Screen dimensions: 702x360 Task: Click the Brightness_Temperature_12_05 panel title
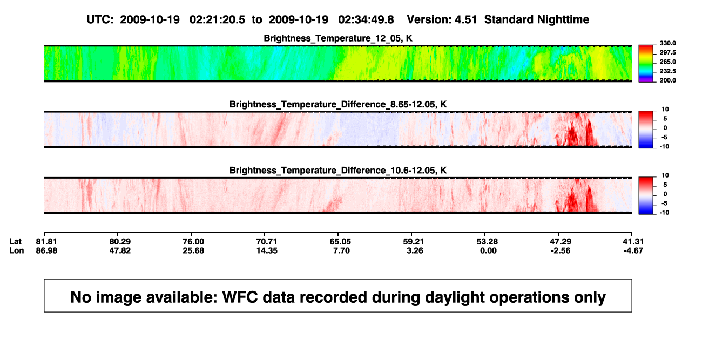[338, 38]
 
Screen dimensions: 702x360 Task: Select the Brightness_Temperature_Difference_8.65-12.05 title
[338, 104]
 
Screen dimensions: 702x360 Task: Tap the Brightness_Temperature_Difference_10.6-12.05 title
[338, 171]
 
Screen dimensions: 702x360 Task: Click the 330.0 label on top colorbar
[667, 43]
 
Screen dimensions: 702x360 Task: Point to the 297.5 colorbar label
[667, 52]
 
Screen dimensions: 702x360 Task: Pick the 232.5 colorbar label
[667, 71]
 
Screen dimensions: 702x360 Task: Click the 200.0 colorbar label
[667, 80]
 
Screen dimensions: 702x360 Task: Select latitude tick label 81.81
[46, 242]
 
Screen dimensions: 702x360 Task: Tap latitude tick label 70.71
[267, 242]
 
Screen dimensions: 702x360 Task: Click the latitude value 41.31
[633, 242]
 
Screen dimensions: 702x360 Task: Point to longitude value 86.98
[46, 250]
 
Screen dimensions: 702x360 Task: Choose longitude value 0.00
[488, 250]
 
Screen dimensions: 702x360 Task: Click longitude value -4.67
[633, 250]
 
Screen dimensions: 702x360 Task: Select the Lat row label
[15, 242]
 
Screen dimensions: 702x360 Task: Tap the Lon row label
[17, 250]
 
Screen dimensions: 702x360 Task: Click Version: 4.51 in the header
[442, 19]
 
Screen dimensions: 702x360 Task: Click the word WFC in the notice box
[240, 297]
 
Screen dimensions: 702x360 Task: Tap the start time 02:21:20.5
[217, 19]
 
